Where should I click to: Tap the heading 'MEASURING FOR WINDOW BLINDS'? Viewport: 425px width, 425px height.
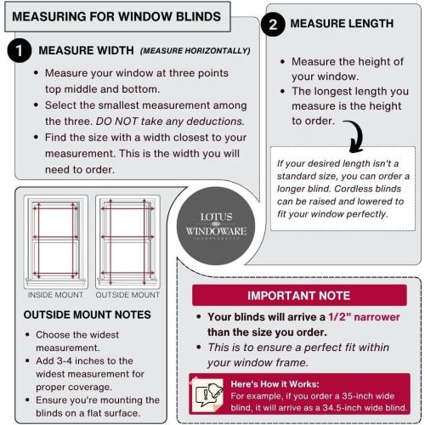117,16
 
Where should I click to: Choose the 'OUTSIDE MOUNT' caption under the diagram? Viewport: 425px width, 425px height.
127,295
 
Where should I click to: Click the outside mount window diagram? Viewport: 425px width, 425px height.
127,241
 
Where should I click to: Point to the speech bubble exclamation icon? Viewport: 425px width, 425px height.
209,393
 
